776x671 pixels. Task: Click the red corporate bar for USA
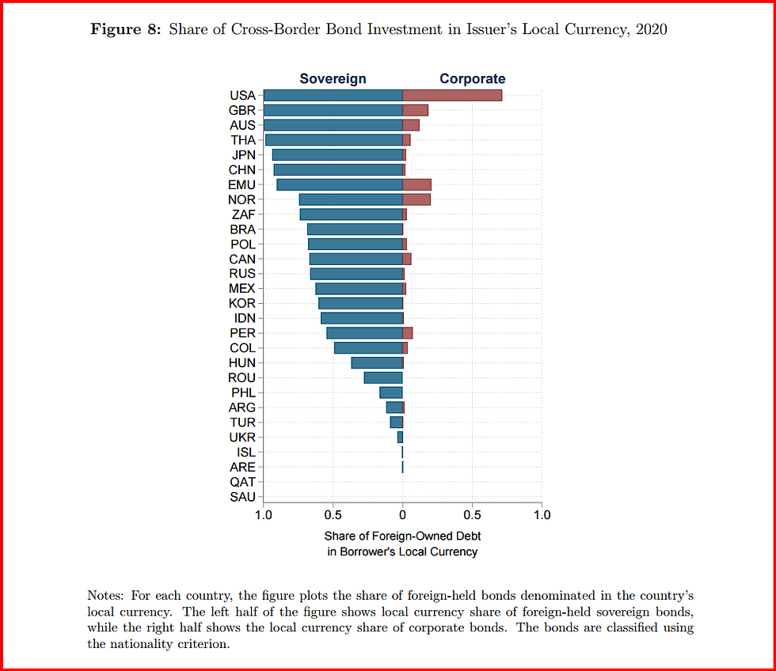[x=452, y=96]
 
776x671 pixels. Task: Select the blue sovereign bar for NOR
[x=351, y=199]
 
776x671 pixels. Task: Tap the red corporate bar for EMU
[x=417, y=184]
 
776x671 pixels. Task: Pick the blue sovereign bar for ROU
[x=383, y=377]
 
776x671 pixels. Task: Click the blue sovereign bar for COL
[x=368, y=348]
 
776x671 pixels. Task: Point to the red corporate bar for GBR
[x=415, y=111]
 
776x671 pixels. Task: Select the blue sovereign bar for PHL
[x=391, y=392]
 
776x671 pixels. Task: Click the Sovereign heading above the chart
[x=333, y=78]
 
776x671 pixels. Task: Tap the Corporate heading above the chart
[x=472, y=78]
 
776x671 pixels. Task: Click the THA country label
[x=242, y=140]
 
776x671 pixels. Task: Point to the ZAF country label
[x=242, y=214]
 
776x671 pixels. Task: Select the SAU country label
[x=242, y=497]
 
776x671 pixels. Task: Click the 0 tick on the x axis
[x=402, y=515]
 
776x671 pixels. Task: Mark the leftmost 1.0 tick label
[x=264, y=515]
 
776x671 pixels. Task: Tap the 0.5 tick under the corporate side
[x=472, y=515]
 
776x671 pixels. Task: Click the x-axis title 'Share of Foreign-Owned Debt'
[x=402, y=536]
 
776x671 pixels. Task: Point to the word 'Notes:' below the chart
[x=107, y=594]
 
